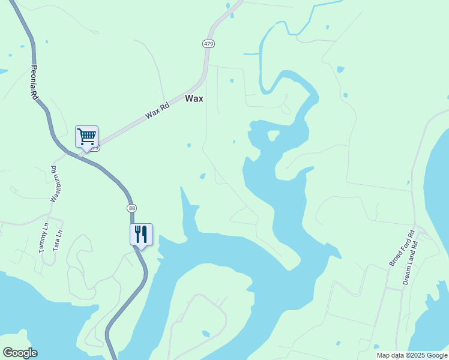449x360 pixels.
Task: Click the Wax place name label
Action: tap(194, 98)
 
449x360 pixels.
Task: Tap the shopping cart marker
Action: tap(86, 137)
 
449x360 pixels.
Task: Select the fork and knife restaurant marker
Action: tap(141, 234)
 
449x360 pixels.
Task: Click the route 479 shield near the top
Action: tap(208, 44)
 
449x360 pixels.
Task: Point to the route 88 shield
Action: tap(132, 208)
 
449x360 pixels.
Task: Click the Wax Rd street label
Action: tap(157, 110)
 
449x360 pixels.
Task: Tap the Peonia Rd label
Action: tap(35, 83)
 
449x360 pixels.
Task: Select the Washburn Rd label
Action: tap(53, 183)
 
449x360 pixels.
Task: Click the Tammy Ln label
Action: tap(43, 238)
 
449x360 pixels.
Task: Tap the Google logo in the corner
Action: tap(20, 353)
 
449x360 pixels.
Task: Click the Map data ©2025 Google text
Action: tap(412, 355)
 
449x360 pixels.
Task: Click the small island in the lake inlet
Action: tap(273, 135)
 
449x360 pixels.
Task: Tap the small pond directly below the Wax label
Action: tap(189, 145)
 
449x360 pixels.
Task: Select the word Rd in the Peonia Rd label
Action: tap(35, 94)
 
